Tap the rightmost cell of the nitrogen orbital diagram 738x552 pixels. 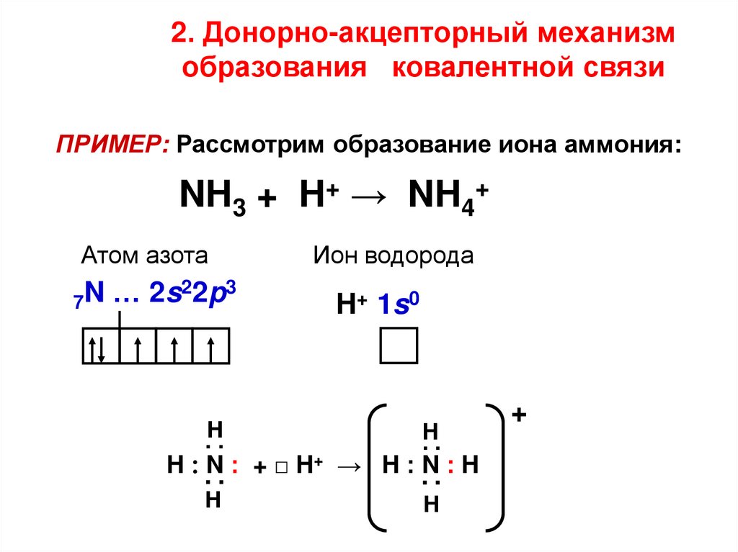(211, 346)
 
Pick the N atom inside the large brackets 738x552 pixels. (430, 466)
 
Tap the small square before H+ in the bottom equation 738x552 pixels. (281, 467)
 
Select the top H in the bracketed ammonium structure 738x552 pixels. (430, 432)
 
